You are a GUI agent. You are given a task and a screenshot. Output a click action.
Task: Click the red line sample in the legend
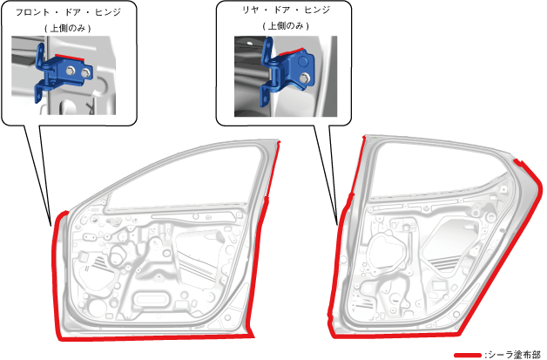(x=469, y=354)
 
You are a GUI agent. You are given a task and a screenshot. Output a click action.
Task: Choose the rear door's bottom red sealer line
(x=418, y=332)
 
